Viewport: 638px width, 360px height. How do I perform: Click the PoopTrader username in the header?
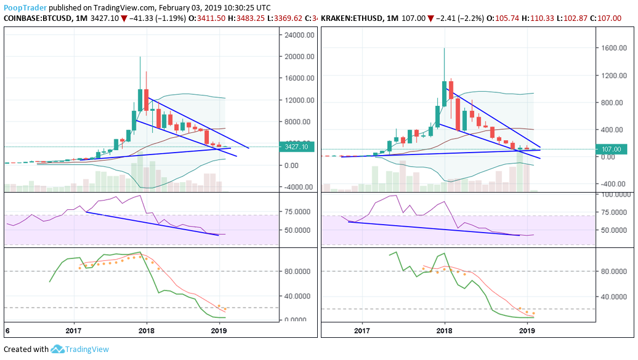[x=24, y=7]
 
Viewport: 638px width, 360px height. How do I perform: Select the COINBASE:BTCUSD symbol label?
[x=38, y=19]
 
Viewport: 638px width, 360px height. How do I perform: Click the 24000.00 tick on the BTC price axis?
[x=298, y=35]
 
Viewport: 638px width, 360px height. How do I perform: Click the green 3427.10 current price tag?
[x=298, y=148]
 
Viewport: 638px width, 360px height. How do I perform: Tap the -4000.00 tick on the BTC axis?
[x=298, y=187]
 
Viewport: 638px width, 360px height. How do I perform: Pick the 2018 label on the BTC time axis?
[x=147, y=330]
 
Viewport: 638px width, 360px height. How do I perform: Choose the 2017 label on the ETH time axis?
[x=362, y=330]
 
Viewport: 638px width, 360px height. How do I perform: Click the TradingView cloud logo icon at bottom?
[x=58, y=350]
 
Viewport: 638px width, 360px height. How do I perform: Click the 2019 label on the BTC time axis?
[x=220, y=330]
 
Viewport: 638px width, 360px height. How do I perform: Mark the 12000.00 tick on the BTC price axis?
[x=298, y=100]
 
